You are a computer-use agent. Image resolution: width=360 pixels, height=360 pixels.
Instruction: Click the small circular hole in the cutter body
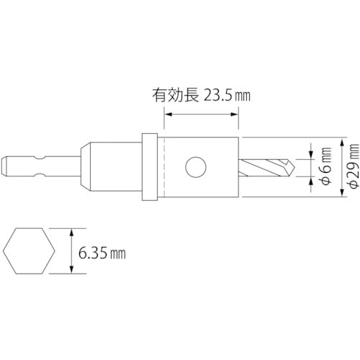pos(194,167)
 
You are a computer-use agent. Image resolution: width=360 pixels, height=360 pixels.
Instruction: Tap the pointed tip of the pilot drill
pos(294,167)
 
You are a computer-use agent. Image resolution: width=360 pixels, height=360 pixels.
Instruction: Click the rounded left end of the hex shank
pos(6,167)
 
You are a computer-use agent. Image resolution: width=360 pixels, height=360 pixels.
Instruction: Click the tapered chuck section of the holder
pos(86,167)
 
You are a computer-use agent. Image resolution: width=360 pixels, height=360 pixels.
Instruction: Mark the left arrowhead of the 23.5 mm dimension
pos(168,112)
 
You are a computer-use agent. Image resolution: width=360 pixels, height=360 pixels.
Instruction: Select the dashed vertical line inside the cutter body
pos(166,167)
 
